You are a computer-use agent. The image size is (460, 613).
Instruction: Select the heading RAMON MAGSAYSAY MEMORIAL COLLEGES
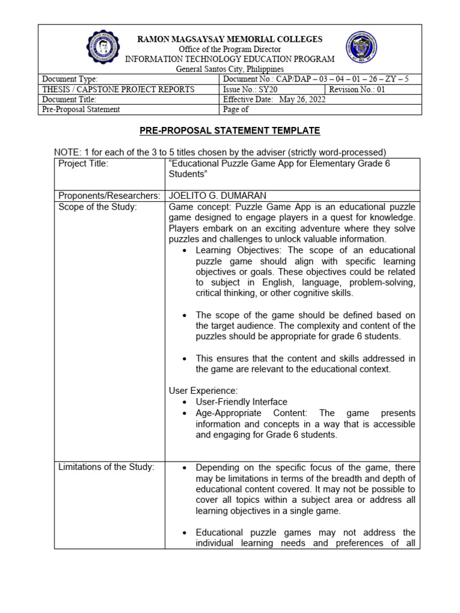coord(230,39)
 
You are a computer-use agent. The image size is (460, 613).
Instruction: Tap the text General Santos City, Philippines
coord(230,69)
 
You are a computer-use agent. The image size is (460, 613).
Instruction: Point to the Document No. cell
coord(316,79)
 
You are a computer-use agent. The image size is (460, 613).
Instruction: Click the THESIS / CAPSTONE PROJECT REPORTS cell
coord(117,89)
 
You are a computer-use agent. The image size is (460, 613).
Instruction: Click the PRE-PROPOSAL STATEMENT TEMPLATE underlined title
coord(231,131)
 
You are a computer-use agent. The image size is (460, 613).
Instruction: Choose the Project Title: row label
coord(83,164)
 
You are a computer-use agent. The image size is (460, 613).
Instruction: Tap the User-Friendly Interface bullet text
coord(241,402)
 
